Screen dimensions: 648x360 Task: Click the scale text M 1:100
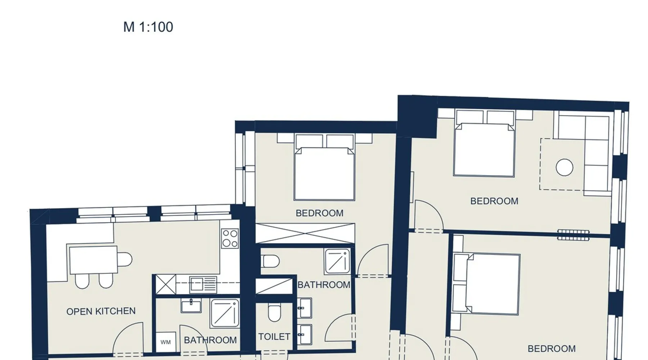tap(148, 27)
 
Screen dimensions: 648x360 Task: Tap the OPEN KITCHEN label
tap(101, 311)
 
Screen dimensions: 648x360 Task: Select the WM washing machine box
tap(166, 342)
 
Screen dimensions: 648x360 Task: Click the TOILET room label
tap(274, 337)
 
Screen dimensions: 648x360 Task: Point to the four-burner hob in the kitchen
tap(230, 239)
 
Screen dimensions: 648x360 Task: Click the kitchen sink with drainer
tap(203, 285)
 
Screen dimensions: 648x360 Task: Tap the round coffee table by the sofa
tap(564, 167)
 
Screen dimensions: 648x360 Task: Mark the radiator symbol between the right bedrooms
tap(573, 235)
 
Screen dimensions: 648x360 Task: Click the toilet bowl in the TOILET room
tap(274, 312)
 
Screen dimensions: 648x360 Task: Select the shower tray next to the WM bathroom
tap(225, 313)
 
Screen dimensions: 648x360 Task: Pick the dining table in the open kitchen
tap(94, 260)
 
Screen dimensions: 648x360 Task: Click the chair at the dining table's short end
tap(125, 260)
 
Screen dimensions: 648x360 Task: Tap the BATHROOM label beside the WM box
tap(210, 340)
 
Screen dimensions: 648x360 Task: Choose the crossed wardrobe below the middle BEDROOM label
tap(305, 233)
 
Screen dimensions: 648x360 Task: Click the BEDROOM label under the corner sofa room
tap(494, 201)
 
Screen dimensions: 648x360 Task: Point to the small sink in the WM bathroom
tap(191, 306)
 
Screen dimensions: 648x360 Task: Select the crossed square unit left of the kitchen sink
tap(166, 284)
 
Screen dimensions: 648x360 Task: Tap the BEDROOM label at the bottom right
tap(552, 349)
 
